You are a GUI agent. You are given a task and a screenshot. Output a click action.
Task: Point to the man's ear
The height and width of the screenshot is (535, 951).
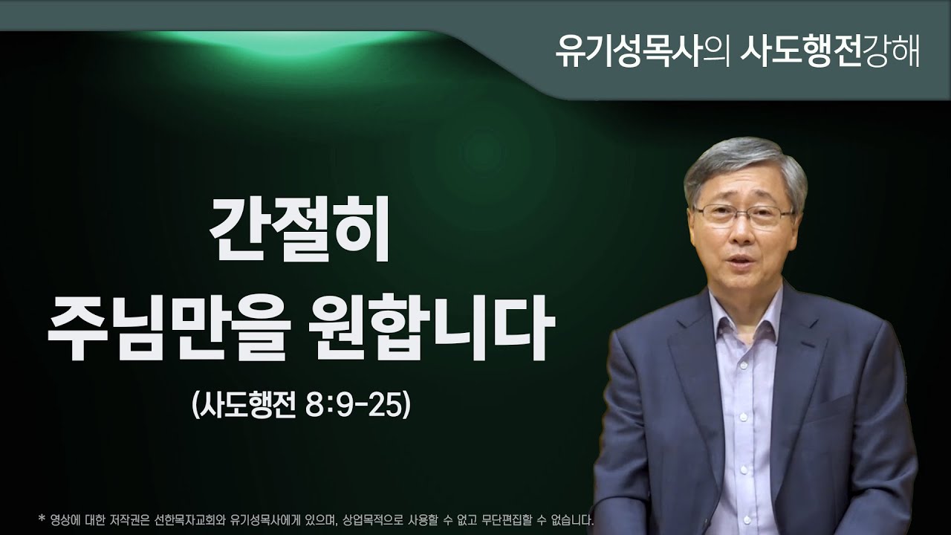click(802, 223)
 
